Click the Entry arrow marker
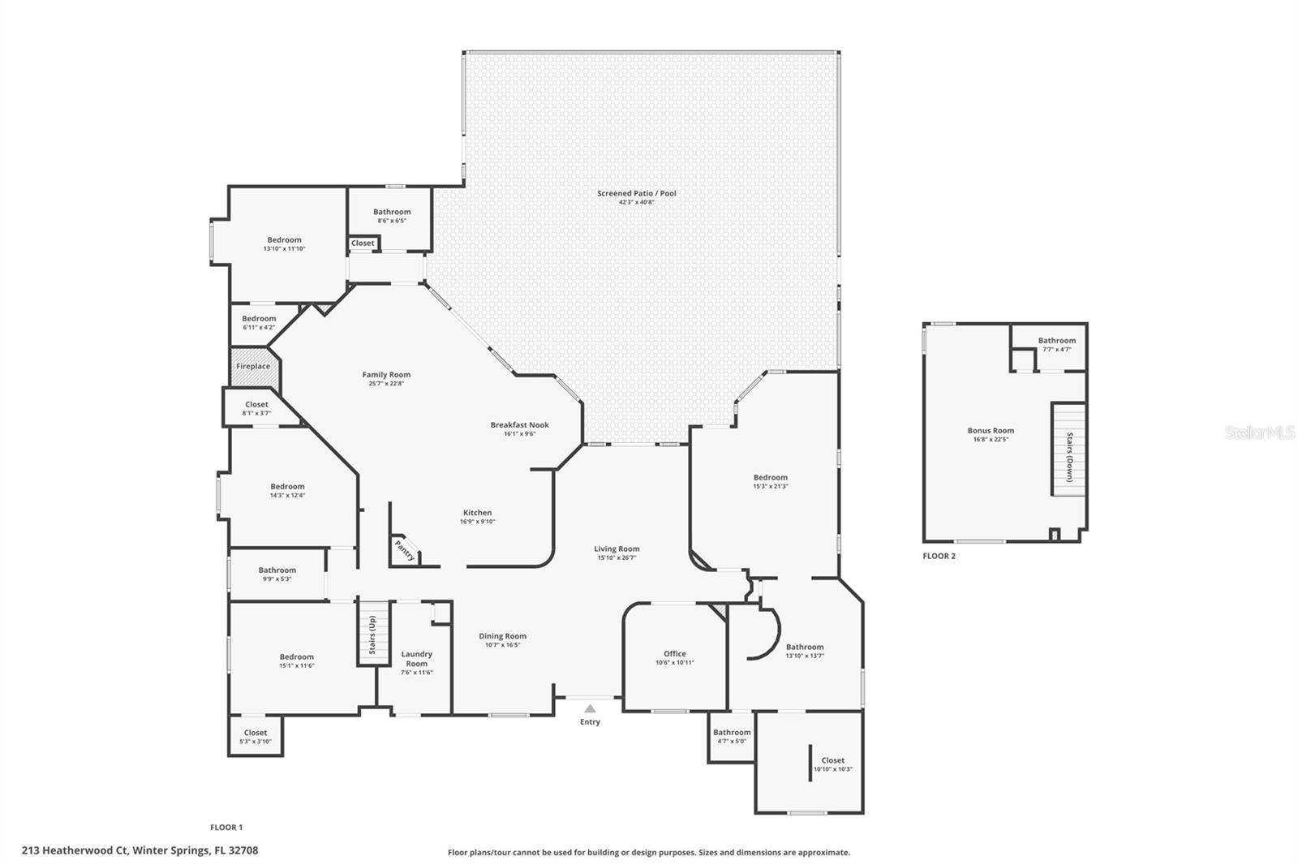tap(590, 708)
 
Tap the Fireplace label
tap(253, 366)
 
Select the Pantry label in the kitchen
tap(405, 551)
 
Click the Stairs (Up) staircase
tap(373, 634)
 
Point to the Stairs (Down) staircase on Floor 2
tap(1068, 449)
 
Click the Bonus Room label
tap(991, 431)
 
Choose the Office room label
tap(674, 653)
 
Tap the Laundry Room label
tap(416, 659)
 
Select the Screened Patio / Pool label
tap(636, 193)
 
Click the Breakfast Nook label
tap(519, 424)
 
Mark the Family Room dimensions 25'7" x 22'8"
tap(386, 383)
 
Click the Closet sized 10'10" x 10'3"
tap(832, 760)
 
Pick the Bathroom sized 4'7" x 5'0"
tap(732, 733)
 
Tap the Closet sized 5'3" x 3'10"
tap(255, 733)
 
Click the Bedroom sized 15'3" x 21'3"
tap(770, 478)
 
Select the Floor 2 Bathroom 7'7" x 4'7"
tap(1056, 341)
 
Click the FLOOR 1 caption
tap(226, 828)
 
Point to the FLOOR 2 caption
tap(939, 556)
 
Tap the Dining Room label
tap(502, 636)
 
